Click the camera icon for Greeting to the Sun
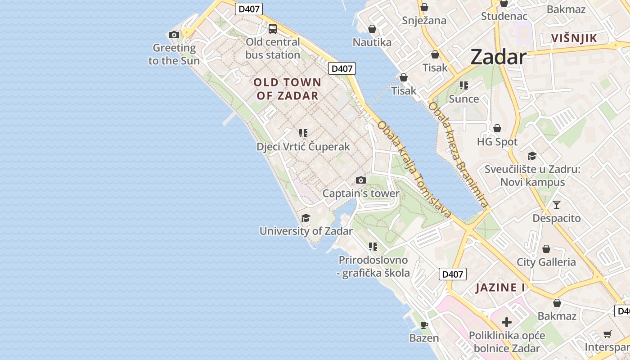pos(174,35)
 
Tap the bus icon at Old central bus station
pos(273,29)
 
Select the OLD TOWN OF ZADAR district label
pos(288,89)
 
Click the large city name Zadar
pos(499,57)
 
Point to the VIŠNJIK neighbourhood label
pos(574,38)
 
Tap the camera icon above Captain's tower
pos(361,180)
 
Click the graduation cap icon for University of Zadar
pos(306,218)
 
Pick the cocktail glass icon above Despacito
pos(557,205)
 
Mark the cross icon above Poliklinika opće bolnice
pos(507,322)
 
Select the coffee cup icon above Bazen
pos(424,324)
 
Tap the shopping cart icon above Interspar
pos(607,334)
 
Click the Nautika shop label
pos(372,42)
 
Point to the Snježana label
pos(424,20)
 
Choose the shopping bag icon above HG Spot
pos(497,129)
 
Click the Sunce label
pos(464,99)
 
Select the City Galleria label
pos(546,262)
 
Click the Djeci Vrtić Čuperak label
pos(303,147)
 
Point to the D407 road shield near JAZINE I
pos(452,274)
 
